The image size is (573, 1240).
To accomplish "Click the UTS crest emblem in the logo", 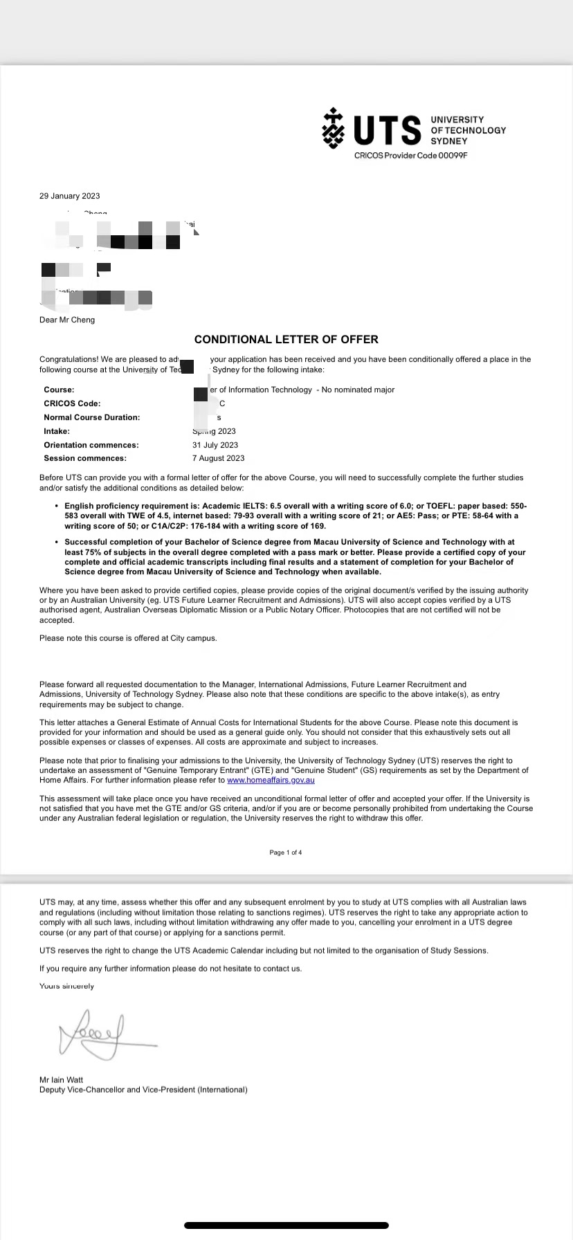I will pyautogui.click(x=334, y=128).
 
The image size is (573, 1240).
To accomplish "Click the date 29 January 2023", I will pyautogui.click(x=70, y=196).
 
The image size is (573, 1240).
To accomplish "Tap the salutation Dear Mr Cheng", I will pyautogui.click(x=67, y=320).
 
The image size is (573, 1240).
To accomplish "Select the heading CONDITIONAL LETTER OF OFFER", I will pyautogui.click(x=286, y=339).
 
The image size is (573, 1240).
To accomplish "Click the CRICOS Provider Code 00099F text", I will pyautogui.click(x=411, y=156).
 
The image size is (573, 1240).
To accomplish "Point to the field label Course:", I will pyautogui.click(x=59, y=390).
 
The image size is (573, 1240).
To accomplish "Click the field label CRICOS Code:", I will pyautogui.click(x=72, y=403).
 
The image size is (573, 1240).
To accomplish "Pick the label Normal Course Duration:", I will pyautogui.click(x=91, y=417).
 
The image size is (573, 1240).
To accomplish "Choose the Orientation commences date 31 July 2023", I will pyautogui.click(x=215, y=445).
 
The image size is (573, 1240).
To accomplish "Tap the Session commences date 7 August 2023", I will pyautogui.click(x=219, y=458).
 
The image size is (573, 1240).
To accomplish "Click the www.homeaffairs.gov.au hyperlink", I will pyautogui.click(x=271, y=780).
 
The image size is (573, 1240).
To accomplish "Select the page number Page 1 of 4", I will pyautogui.click(x=286, y=852).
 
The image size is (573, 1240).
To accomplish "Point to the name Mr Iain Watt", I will pyautogui.click(x=62, y=1079).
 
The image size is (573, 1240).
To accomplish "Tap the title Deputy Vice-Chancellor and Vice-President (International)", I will pyautogui.click(x=143, y=1090).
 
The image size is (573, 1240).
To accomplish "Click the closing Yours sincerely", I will pyautogui.click(x=66, y=986).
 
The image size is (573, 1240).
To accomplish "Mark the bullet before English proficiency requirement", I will pyautogui.click(x=57, y=507).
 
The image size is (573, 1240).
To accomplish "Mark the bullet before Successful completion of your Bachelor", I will pyautogui.click(x=57, y=542).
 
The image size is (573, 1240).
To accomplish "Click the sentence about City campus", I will pyautogui.click(x=128, y=638).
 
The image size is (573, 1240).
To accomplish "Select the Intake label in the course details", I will pyautogui.click(x=57, y=431).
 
